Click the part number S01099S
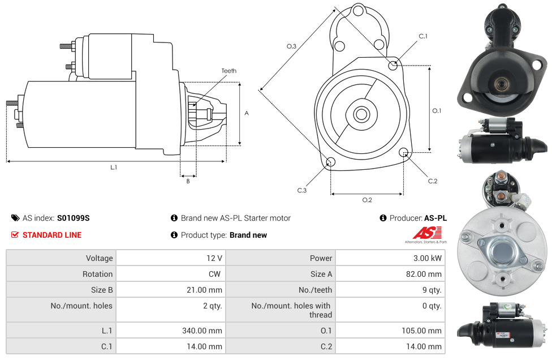[73, 218]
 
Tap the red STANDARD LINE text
[52, 235]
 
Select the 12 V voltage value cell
[171, 258]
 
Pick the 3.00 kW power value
[428, 258]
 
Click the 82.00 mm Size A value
[424, 274]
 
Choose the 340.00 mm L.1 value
[202, 331]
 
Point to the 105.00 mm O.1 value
[421, 331]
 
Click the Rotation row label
[97, 274]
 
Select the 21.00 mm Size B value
[204, 290]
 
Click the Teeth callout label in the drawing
[229, 71]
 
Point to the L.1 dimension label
[114, 168]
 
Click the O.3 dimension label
[291, 46]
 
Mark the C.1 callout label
[423, 36]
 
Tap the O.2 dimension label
[367, 200]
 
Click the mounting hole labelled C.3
[330, 162]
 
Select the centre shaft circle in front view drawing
[361, 114]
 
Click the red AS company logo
[427, 233]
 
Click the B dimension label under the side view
[188, 181]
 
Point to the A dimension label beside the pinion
[247, 113]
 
